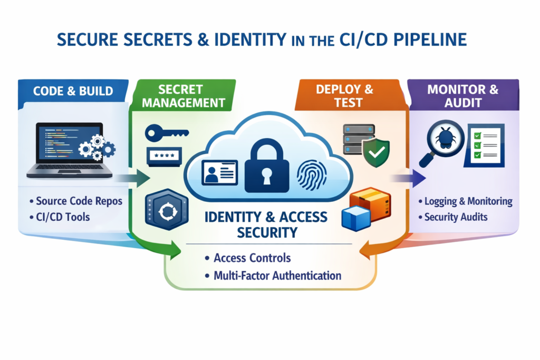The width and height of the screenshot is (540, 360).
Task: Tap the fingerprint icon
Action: pos(315,174)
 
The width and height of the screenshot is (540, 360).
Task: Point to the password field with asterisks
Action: pos(163,157)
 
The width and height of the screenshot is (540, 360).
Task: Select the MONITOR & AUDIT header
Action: pos(462,95)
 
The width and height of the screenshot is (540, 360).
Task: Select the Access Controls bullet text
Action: pos(252,258)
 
